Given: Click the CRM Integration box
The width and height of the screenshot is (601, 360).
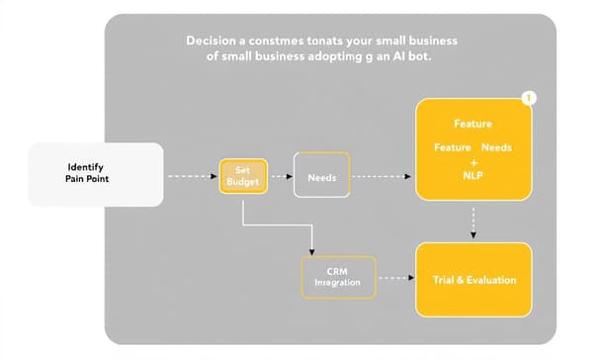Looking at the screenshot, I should coord(338,276).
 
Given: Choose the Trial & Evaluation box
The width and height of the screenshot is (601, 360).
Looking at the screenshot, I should coord(474,280).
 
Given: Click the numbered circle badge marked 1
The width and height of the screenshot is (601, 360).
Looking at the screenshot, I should coord(530,99).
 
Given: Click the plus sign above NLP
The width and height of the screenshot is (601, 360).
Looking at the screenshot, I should coord(474,160).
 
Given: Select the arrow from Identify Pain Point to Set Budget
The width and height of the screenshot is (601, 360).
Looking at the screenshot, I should coord(190,177).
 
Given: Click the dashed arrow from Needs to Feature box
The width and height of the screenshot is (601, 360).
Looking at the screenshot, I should coord(384,177).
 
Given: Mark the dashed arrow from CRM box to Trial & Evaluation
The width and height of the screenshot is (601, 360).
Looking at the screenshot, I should coord(395,277).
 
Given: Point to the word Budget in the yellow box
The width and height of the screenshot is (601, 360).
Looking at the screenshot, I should coord(242,183).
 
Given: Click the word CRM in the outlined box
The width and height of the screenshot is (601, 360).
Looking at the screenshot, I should coord(338,269).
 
